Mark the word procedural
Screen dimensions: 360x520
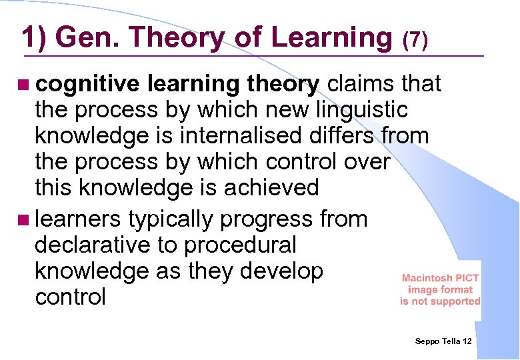239,245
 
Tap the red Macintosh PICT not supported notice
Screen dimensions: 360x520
440,289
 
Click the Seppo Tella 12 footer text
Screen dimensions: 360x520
443,341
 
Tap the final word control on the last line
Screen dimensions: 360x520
70,297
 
